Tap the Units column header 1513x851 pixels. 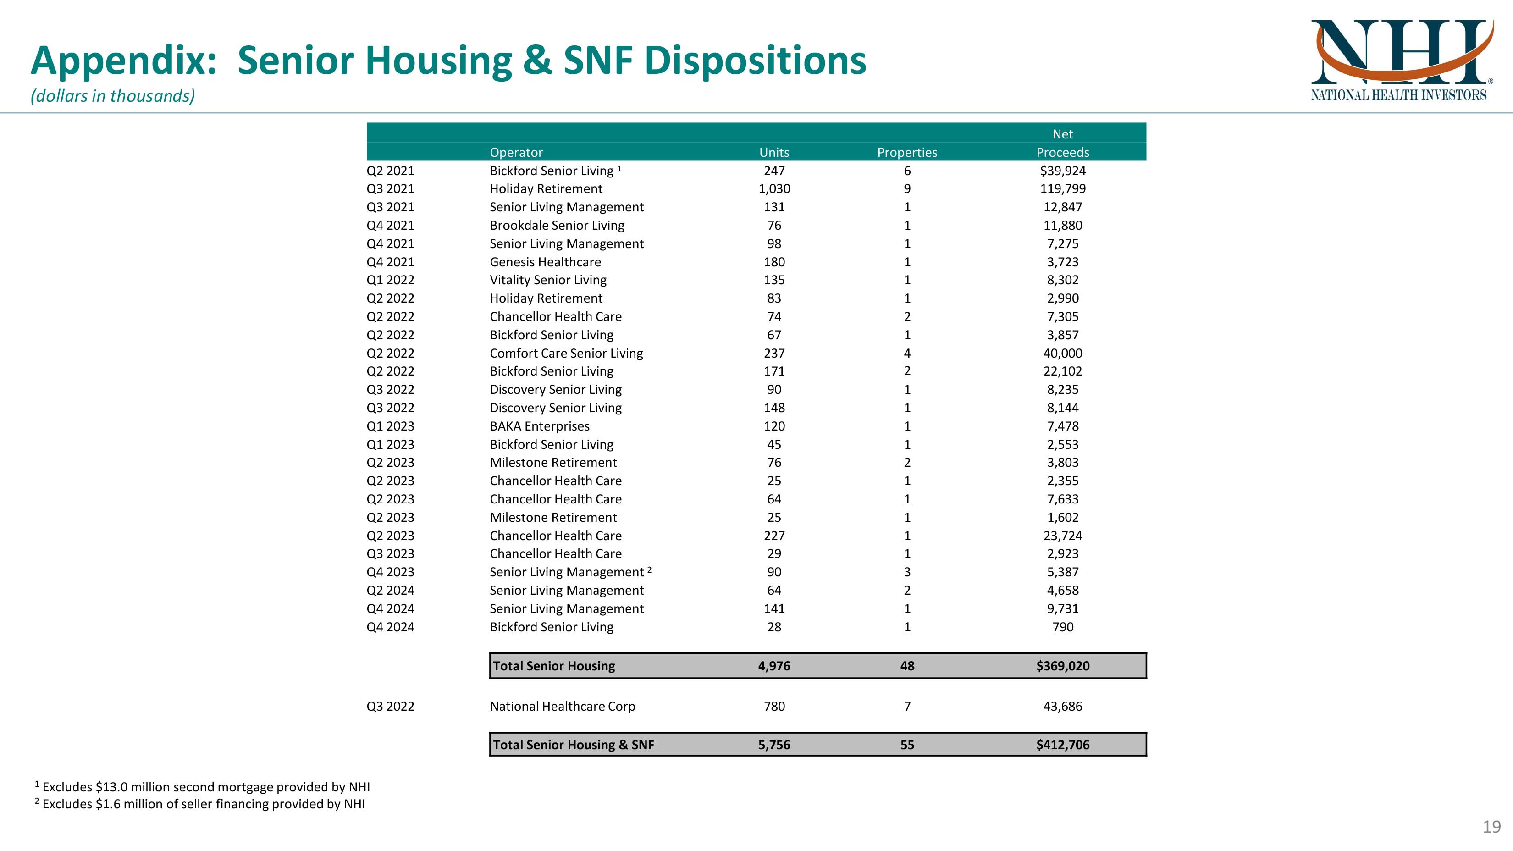774,152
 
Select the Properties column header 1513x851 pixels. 907,152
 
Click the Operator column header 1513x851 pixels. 516,152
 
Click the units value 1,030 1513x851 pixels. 774,189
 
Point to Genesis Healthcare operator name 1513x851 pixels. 545,262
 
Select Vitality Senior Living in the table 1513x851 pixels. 548,280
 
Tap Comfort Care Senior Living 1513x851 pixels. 566,353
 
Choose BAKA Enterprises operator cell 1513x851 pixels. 539,426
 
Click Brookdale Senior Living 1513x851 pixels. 557,226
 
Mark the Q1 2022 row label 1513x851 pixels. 390,280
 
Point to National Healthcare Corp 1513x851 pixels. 562,707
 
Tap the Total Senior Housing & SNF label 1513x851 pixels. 573,745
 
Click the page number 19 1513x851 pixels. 1491,827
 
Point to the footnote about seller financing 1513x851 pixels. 203,804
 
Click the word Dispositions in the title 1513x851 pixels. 755,61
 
